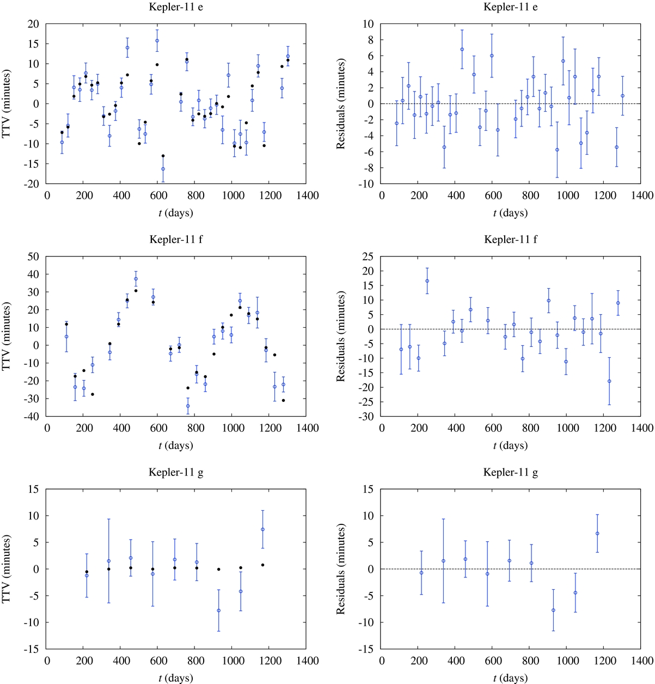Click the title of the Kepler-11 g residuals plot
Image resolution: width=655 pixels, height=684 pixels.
coord(510,472)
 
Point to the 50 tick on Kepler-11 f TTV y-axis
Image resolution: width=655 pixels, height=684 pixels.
coord(34,256)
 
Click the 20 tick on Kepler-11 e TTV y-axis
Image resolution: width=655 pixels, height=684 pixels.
coord(34,24)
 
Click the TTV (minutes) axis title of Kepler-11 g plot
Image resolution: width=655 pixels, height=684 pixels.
coord(7,569)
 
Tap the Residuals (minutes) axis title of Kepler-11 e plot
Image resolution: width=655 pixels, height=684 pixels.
coord(341,103)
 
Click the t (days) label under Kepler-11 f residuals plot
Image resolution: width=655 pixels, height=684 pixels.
coord(510,445)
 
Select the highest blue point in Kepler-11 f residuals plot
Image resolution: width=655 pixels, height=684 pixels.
coord(427,281)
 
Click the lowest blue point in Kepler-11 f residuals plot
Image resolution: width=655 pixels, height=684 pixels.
coord(609,381)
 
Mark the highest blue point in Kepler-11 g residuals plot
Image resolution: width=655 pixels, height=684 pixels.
coord(597,534)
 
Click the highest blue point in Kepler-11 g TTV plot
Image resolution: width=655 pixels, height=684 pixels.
coord(262,529)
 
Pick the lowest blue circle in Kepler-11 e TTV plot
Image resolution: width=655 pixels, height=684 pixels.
coord(163,169)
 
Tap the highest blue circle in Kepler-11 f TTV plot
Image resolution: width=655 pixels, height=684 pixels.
coord(136,279)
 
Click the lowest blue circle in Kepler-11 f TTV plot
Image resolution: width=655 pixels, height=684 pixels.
coord(188,406)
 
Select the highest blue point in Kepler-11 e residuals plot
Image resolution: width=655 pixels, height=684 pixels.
coord(462,49)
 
